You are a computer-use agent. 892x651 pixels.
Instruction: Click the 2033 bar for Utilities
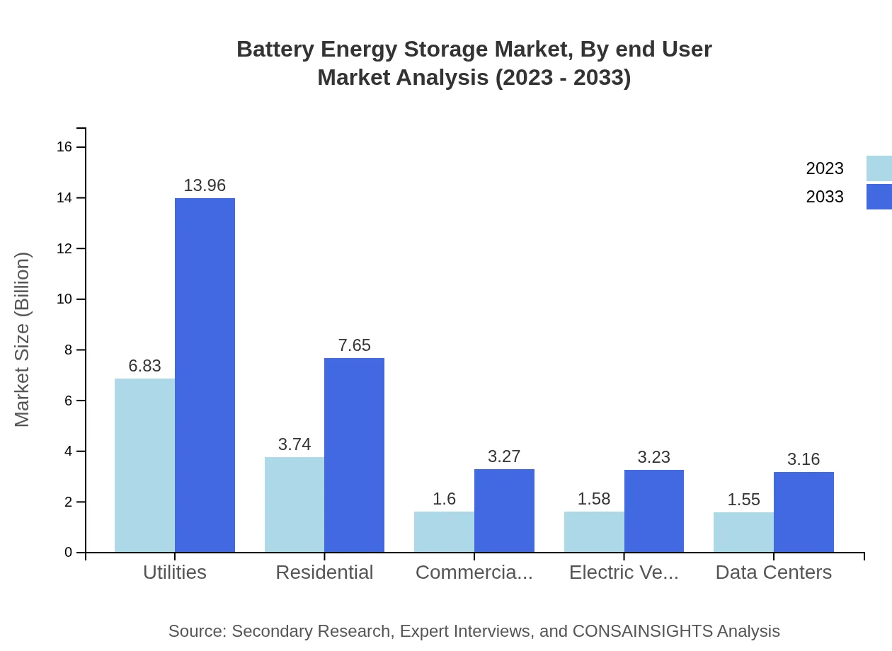click(205, 375)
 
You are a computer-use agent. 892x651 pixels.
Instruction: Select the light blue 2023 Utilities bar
click(144, 466)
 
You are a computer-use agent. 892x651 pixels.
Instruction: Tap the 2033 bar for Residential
click(354, 455)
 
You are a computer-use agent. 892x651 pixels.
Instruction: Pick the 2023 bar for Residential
click(295, 505)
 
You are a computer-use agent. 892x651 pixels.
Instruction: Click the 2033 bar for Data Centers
click(804, 512)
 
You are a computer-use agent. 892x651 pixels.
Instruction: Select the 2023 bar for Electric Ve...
click(594, 532)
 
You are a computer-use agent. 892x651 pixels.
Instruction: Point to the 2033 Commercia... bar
click(504, 511)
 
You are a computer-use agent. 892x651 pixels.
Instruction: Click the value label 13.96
click(205, 185)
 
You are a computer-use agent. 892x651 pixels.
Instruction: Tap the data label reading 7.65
click(354, 345)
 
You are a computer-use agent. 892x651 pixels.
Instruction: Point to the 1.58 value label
click(594, 499)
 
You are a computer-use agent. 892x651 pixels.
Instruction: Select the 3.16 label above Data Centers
click(804, 459)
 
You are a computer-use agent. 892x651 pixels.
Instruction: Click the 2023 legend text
click(825, 168)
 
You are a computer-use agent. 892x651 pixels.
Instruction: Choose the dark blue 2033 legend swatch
click(879, 197)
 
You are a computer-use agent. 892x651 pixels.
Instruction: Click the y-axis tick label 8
click(69, 350)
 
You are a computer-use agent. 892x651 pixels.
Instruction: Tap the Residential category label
click(324, 572)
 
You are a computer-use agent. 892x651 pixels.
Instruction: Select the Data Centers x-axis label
click(774, 572)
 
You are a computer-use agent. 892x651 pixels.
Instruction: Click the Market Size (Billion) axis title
click(23, 340)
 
